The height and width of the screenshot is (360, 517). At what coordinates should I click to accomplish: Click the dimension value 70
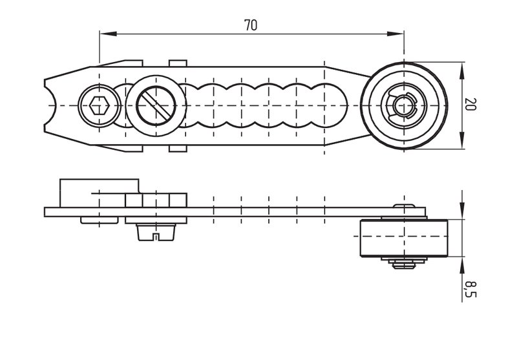tap(251, 25)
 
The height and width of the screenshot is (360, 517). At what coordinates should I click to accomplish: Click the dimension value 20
tap(470, 104)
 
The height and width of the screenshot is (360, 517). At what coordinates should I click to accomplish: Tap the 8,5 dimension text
tap(470, 289)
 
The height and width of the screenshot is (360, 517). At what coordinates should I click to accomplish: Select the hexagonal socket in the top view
tap(100, 105)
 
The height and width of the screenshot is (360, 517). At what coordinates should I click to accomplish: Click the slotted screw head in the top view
tap(156, 105)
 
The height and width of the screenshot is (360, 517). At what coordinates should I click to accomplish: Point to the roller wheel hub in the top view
tap(403, 105)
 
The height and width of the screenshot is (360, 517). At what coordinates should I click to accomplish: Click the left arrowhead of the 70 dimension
tap(108, 34)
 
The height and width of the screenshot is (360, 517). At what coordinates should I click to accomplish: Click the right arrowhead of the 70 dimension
tap(395, 34)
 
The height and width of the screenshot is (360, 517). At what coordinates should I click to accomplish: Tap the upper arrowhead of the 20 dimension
tap(462, 70)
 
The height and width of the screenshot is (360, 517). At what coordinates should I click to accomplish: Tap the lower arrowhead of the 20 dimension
tap(462, 140)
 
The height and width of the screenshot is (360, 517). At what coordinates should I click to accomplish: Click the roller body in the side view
tap(403, 238)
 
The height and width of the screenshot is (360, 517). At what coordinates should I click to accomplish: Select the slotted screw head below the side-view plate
tap(156, 232)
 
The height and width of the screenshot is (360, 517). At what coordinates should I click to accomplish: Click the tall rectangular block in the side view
tap(100, 193)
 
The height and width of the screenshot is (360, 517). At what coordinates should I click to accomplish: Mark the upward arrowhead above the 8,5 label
tap(462, 266)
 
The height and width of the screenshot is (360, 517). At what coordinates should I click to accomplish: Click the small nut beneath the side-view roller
tap(403, 264)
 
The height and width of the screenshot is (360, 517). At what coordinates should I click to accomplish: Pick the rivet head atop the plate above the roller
tap(403, 206)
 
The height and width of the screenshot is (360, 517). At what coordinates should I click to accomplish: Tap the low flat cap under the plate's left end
tap(100, 220)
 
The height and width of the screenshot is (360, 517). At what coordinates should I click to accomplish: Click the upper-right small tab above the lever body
tap(178, 63)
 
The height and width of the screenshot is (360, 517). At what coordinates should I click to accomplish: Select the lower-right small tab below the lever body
tap(178, 149)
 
